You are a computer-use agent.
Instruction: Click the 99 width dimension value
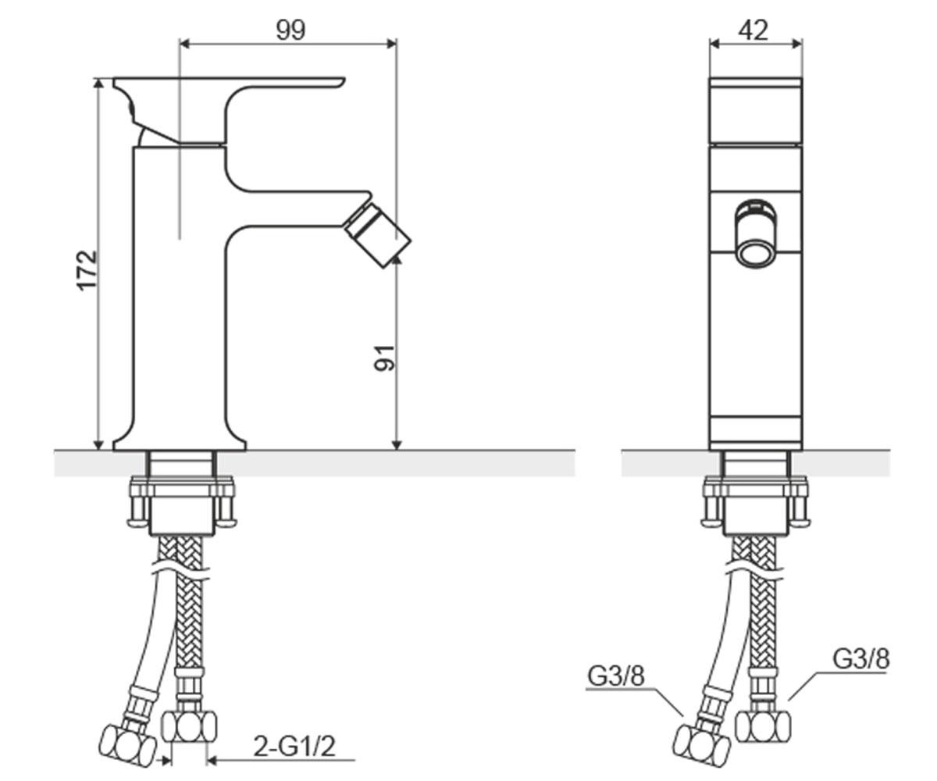click(290, 30)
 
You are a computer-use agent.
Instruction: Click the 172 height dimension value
click(87, 270)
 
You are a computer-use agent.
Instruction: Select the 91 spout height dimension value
click(385, 358)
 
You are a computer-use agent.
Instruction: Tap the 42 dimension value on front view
click(754, 30)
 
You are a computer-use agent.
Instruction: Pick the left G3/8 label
click(616, 676)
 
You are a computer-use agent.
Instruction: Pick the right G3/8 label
click(860, 659)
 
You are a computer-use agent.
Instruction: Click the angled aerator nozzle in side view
click(378, 234)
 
